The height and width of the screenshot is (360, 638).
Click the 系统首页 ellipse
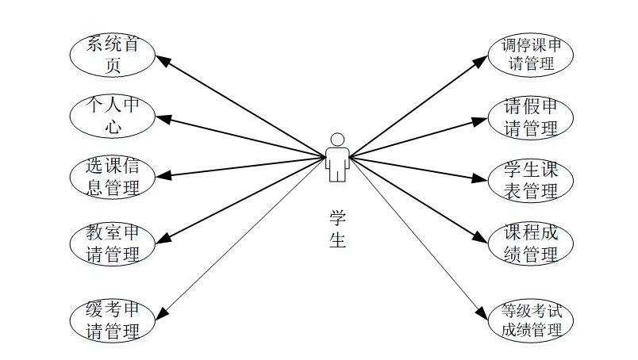pos(112,55)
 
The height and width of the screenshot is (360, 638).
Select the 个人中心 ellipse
pos(112,115)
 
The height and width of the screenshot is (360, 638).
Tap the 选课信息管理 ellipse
pos(112,177)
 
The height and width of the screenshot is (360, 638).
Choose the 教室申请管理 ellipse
pos(112,243)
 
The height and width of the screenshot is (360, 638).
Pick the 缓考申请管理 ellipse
pos(112,320)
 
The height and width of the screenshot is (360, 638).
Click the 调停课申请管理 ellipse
pos(530,55)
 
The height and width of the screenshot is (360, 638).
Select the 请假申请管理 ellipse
pos(530,117)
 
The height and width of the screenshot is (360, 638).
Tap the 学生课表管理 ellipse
pos(530,180)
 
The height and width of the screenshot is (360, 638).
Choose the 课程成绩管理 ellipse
pos(530,243)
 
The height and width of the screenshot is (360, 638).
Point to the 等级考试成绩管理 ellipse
pos(530,320)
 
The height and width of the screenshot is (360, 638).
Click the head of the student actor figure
pos(337,140)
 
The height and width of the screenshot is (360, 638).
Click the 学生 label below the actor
pos(337,228)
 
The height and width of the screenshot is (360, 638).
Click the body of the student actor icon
pos(337,162)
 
